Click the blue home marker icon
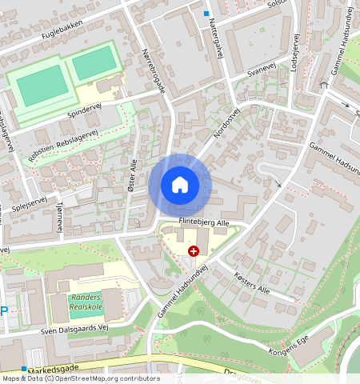click(180, 185)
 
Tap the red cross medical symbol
click(193, 250)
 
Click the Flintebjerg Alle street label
click(203, 223)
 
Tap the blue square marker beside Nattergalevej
click(206, 14)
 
